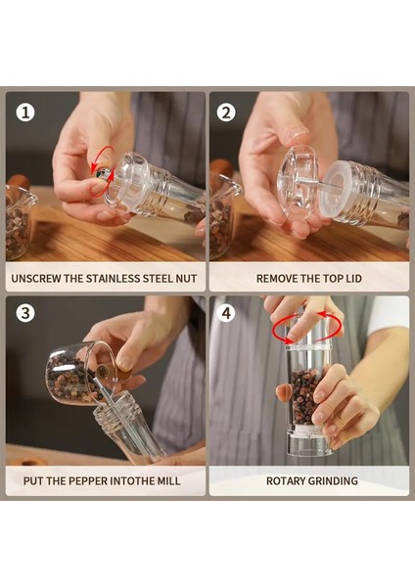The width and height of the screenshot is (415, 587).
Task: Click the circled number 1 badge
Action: tap(25, 113)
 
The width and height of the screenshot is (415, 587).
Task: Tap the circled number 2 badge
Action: tap(226, 113)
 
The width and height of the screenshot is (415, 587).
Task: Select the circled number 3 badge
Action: tap(25, 313)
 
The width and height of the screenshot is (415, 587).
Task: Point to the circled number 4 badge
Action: tap(226, 313)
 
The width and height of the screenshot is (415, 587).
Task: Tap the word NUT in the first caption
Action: tap(186, 279)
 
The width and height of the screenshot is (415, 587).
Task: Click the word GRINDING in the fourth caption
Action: tap(334, 480)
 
